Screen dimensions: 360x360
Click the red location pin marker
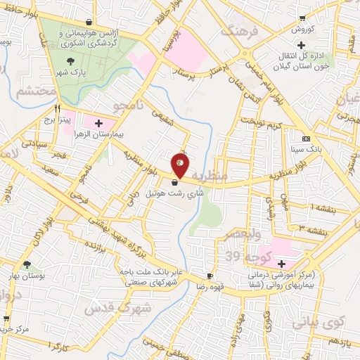[x=180, y=164]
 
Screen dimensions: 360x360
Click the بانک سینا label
[x=306, y=150]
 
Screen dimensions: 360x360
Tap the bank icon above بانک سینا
[x=306, y=139]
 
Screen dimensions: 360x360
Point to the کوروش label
[x=302, y=30]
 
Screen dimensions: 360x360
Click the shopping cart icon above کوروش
[x=302, y=19]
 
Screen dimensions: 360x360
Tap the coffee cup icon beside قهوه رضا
[x=210, y=276]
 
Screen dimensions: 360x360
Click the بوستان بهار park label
[x=28, y=276]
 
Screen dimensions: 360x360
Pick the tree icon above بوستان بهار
[x=27, y=265]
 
